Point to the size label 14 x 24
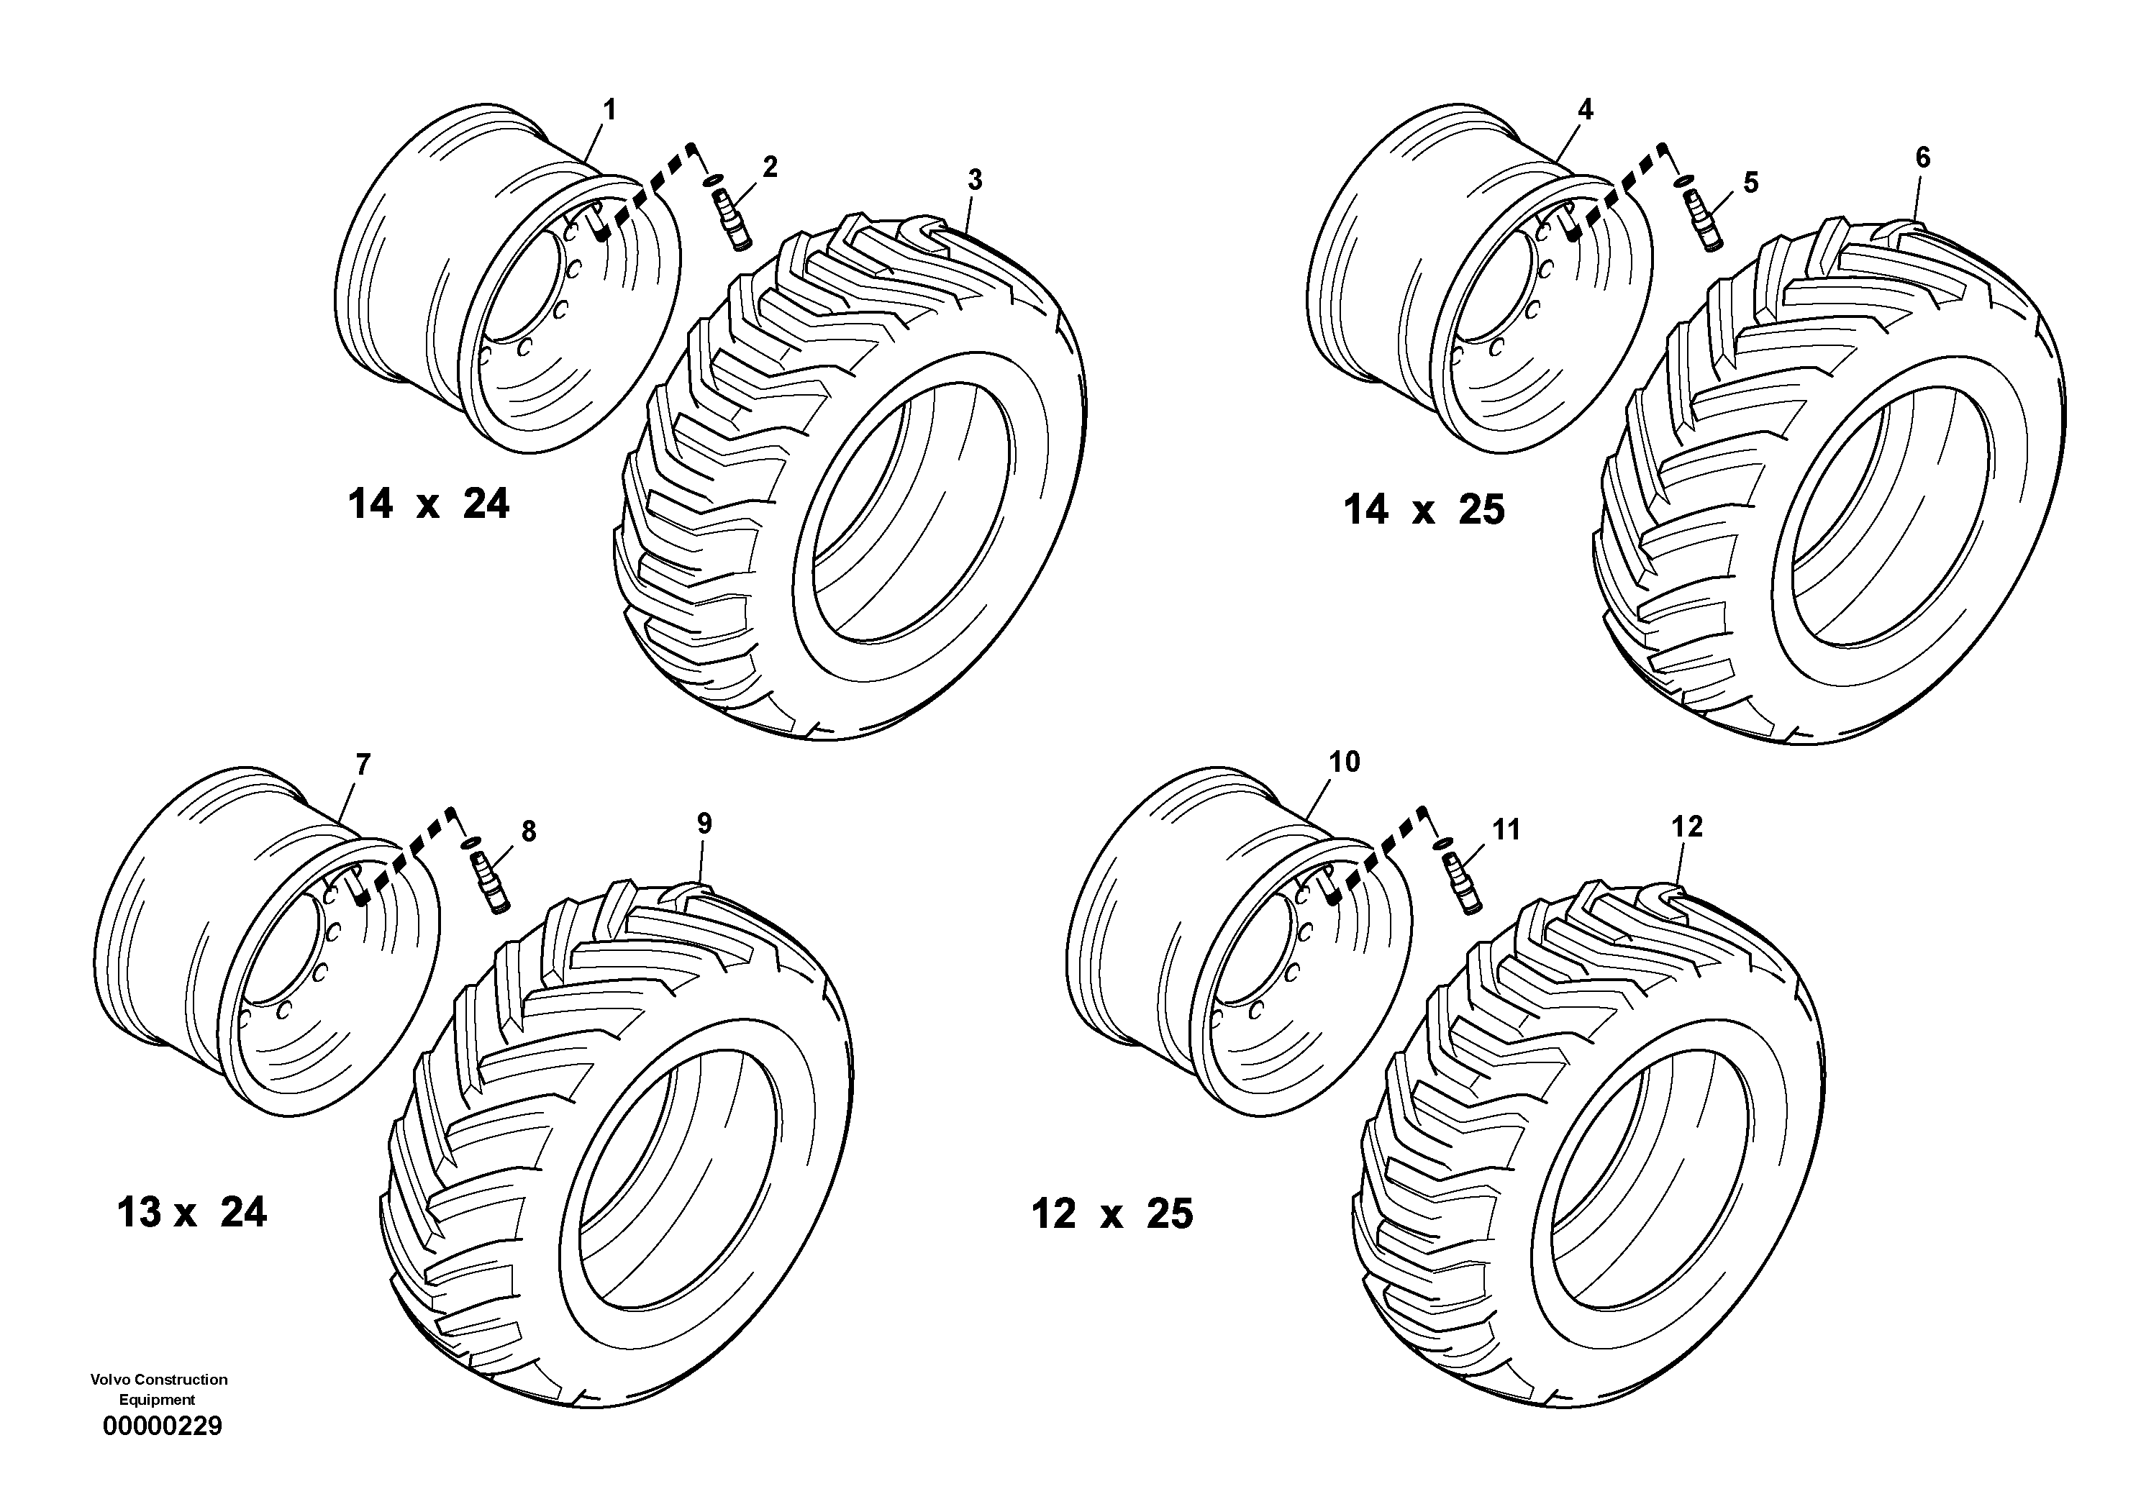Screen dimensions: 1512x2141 tap(429, 504)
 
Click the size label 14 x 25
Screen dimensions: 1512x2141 tap(1424, 510)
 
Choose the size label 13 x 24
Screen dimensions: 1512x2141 tap(192, 1213)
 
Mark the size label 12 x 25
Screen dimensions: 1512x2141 tap(1112, 1213)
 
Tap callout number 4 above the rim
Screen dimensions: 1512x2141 tap(1585, 110)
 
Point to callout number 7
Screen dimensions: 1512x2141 tap(363, 765)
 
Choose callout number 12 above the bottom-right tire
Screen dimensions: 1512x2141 tap(1687, 826)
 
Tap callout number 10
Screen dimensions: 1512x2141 tap(1344, 762)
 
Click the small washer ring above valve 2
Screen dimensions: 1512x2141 tap(714, 180)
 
